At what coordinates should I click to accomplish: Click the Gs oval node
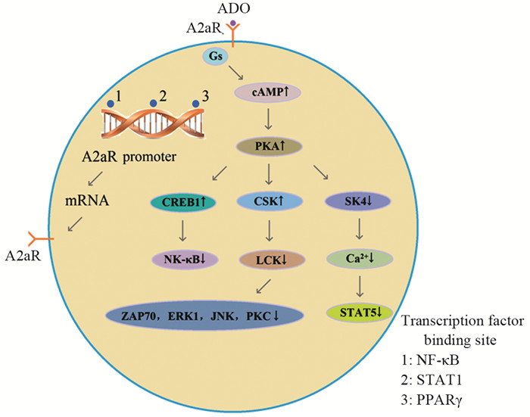[214, 56]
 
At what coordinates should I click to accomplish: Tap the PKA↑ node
[270, 145]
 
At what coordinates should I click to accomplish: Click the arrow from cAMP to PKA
[270, 119]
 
